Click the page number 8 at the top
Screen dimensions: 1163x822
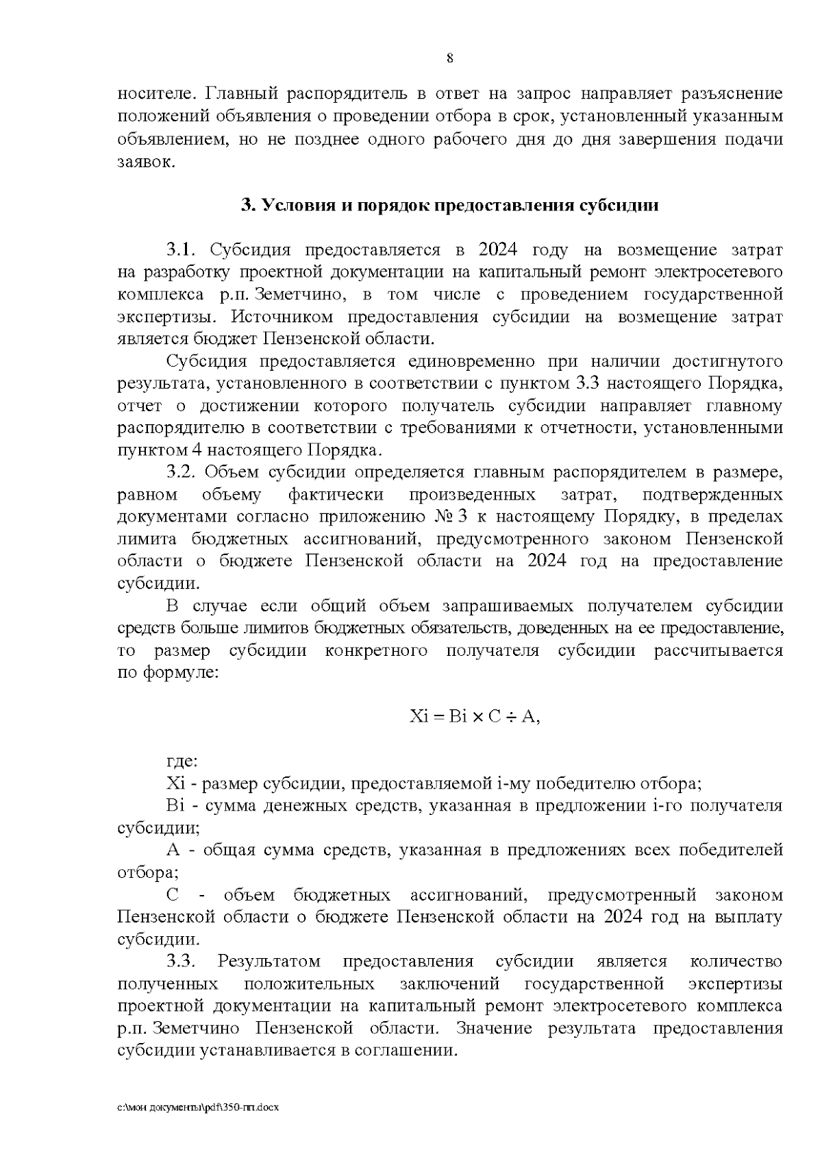point(449,58)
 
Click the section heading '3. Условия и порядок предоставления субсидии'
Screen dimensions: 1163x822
point(449,206)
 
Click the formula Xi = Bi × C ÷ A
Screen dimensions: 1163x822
point(475,717)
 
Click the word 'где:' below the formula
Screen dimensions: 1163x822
point(182,761)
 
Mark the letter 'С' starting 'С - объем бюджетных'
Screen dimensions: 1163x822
point(172,895)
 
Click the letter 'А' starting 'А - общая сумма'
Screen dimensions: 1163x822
point(173,850)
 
